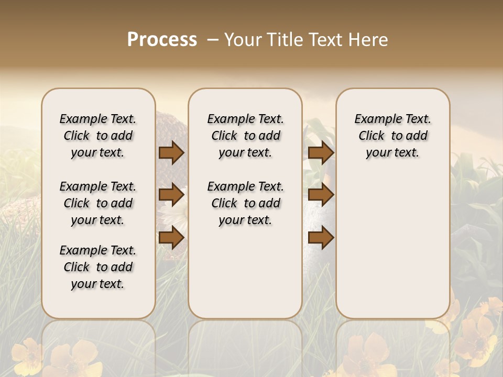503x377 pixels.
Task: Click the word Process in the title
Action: click(162, 39)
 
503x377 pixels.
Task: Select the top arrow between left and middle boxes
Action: click(171, 152)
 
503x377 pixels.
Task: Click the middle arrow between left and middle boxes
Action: click(171, 195)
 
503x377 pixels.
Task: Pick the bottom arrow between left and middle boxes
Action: click(171, 238)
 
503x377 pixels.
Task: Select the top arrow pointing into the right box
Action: click(321, 152)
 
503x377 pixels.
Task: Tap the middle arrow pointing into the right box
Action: click(321, 195)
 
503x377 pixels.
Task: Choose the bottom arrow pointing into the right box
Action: click(321, 238)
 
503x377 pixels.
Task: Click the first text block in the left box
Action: click(98, 136)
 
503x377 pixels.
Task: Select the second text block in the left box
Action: click(98, 203)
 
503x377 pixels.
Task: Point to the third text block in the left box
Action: click(98, 267)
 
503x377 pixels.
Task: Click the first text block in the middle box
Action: click(246, 136)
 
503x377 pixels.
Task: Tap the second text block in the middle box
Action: click(246, 203)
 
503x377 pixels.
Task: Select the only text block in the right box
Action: click(393, 136)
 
